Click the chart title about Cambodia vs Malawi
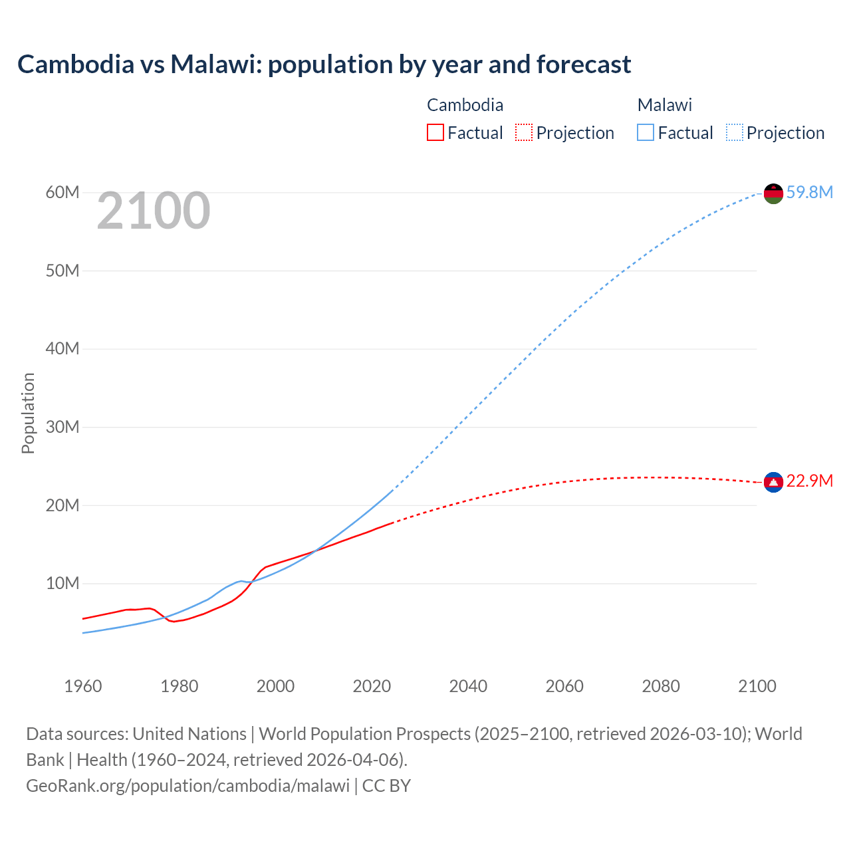point(324,64)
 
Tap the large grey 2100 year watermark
point(154,211)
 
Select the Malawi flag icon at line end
point(773,193)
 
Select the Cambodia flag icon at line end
point(773,482)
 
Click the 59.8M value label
point(809,192)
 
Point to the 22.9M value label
point(809,481)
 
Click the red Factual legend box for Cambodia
point(435,133)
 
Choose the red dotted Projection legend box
point(524,133)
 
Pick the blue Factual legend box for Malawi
point(645,133)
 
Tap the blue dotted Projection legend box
point(734,133)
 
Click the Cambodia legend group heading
point(465,105)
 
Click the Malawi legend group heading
point(664,105)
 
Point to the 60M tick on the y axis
point(62,192)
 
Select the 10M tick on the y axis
point(62,583)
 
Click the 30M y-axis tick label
point(62,427)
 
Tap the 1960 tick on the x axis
point(83,686)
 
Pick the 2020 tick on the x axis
point(372,686)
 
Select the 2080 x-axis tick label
point(660,686)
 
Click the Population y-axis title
point(28,413)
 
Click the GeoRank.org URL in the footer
point(187,786)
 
